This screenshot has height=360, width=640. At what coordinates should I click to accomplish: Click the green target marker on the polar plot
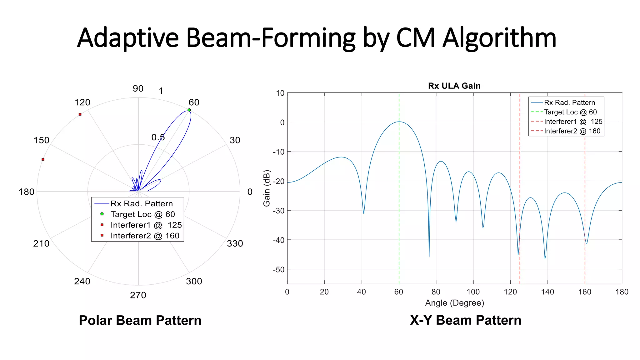(x=189, y=110)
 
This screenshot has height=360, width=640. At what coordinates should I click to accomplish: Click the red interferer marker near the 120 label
(x=80, y=114)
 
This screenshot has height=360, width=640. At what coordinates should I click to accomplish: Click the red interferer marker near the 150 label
(x=43, y=159)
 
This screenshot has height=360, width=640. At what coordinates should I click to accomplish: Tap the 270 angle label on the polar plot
(x=138, y=295)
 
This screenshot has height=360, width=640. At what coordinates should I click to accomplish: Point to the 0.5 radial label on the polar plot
(x=158, y=137)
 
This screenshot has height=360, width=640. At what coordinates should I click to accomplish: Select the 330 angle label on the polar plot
(x=235, y=243)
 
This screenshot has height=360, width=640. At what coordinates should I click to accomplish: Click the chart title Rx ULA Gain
(x=454, y=86)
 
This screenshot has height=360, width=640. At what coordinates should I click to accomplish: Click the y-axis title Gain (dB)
(x=267, y=188)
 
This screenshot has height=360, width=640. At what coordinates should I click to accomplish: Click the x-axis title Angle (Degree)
(x=454, y=303)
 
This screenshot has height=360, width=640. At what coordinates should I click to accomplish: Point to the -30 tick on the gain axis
(x=278, y=211)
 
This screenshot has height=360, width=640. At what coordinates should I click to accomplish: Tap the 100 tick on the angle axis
(x=473, y=292)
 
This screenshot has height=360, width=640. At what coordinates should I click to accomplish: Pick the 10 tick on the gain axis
(x=280, y=93)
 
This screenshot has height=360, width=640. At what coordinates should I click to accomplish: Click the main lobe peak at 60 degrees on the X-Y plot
(x=399, y=122)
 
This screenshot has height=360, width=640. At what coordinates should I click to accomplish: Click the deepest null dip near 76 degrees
(x=429, y=256)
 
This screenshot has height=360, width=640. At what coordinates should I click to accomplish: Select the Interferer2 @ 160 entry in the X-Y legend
(x=572, y=131)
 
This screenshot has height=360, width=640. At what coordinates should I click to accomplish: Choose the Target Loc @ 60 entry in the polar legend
(x=142, y=214)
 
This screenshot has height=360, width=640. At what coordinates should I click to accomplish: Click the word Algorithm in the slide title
(x=499, y=38)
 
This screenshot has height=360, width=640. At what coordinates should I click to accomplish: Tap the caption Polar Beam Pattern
(x=140, y=320)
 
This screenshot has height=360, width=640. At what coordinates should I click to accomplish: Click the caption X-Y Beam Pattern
(x=466, y=320)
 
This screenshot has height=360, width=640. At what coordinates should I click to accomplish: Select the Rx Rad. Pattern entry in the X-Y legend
(x=569, y=102)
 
